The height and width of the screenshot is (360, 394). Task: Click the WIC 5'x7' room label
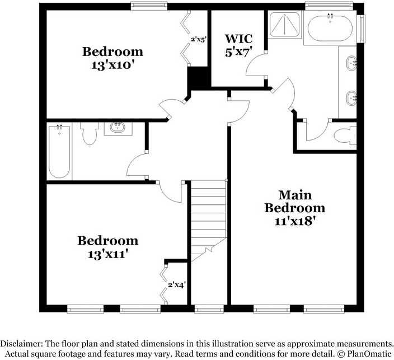click(x=238, y=45)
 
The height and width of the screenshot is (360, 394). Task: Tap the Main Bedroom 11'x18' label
click(x=294, y=208)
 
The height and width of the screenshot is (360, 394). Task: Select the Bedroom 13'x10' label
click(x=112, y=58)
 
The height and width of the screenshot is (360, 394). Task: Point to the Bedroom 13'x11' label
click(x=107, y=246)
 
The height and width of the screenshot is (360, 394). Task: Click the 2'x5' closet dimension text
click(x=199, y=40)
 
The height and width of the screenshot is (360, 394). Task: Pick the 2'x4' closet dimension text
click(x=177, y=284)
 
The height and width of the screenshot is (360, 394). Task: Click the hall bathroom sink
click(x=118, y=128)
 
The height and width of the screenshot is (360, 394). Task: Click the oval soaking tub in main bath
click(x=330, y=27)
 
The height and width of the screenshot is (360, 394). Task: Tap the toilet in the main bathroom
click(x=345, y=136)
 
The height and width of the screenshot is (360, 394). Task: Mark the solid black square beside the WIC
click(x=198, y=77)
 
